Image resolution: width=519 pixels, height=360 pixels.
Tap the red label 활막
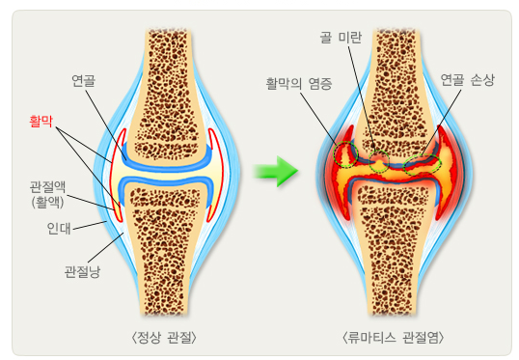pos(40,122)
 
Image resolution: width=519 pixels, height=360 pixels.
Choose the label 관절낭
pos(82,269)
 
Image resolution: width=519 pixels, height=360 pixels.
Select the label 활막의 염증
pos(298,84)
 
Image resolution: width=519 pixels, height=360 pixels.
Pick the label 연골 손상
pos(466,80)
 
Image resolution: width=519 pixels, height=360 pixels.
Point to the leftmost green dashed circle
pos(344,154)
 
